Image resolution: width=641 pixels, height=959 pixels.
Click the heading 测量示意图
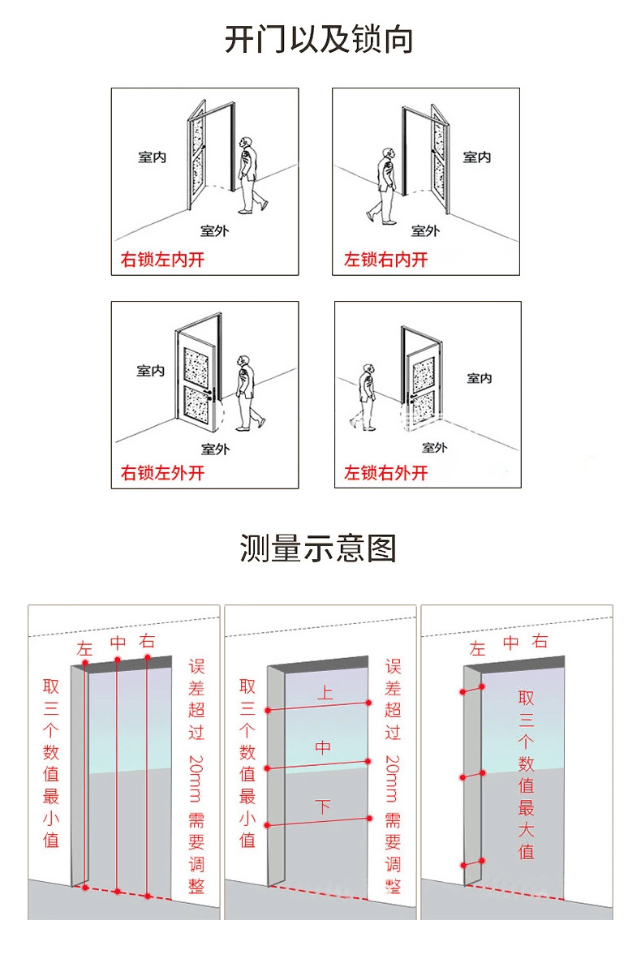coord(318,548)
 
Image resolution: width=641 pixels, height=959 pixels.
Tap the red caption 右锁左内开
coord(161,260)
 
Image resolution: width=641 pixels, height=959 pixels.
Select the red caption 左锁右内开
coord(385,260)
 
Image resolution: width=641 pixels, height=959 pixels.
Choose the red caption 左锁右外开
coord(385,473)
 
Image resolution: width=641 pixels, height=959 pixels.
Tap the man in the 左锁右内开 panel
coord(385,185)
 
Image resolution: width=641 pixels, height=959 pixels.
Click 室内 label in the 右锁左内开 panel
coord(152,157)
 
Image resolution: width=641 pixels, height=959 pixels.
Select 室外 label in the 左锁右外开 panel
coord(434,447)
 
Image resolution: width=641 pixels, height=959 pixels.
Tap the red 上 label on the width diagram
coord(324,694)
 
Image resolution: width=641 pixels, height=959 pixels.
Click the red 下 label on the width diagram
coord(323,806)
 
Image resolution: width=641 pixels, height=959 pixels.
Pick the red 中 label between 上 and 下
coord(323,747)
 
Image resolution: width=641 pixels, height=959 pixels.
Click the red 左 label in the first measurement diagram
coord(85,648)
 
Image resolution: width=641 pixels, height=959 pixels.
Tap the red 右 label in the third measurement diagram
coord(540,642)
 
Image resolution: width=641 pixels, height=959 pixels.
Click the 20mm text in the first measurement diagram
coord(196,776)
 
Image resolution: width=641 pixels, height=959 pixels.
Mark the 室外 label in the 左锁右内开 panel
coord(424,231)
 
